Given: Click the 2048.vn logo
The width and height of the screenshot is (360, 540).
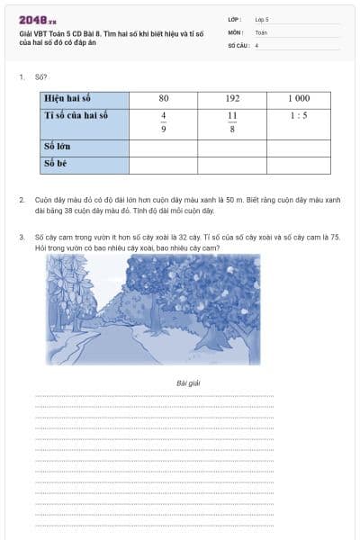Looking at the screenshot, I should coord(37,19).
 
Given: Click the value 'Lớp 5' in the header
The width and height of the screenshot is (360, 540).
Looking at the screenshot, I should coord(262,19).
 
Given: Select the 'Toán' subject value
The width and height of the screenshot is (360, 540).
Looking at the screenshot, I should coord(261,31).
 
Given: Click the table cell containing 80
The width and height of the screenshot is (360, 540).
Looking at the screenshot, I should coord(163,98).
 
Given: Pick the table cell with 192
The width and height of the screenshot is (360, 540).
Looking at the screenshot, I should coord(232,98).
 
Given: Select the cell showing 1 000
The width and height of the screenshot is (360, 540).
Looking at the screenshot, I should coord(299,98).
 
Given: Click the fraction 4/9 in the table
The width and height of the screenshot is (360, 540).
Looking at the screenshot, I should coord(163,122).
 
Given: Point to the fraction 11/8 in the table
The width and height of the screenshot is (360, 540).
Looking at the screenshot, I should coord(232,122).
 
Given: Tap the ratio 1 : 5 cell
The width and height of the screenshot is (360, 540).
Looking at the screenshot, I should coord(299,115).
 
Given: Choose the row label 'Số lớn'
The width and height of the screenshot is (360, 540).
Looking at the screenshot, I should coord(58,147).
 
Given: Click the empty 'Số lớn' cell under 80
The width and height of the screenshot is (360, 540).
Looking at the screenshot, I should coord(163,147).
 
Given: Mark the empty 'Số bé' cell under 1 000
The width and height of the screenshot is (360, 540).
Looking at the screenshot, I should coord(299,164).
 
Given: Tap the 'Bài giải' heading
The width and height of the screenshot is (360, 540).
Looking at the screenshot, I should coord(188,383).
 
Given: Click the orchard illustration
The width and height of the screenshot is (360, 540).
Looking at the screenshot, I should coord(153,309).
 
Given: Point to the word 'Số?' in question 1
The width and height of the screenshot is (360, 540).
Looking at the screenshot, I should coord(40,77).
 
